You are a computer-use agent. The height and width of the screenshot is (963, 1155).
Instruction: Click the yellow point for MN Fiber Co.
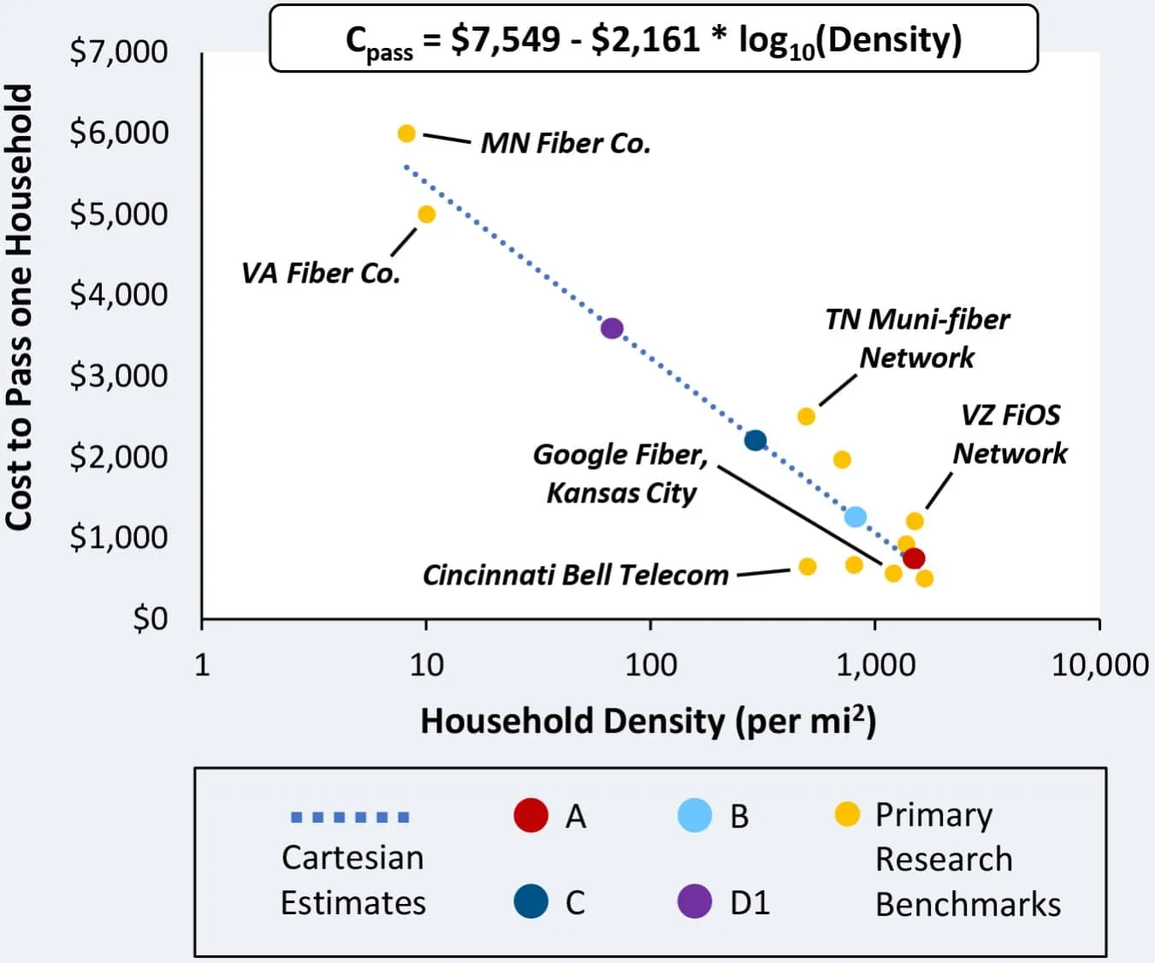(406, 134)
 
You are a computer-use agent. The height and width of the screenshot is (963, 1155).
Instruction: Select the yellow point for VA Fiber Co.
(426, 214)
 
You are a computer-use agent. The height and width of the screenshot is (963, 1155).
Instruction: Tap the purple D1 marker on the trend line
(612, 328)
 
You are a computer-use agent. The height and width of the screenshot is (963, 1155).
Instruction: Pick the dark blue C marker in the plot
(755, 440)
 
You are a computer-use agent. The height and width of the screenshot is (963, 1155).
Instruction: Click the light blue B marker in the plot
(855, 516)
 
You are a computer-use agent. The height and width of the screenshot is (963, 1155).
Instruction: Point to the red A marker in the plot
(914, 558)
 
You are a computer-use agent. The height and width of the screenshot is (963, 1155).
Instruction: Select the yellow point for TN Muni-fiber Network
(806, 416)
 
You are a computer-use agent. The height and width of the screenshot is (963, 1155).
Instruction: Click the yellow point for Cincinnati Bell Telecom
(807, 567)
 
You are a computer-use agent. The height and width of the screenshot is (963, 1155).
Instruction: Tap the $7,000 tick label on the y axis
(119, 51)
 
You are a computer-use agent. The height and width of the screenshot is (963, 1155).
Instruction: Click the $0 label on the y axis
(151, 617)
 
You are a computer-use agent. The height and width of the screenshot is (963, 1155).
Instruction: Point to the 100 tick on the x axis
(650, 664)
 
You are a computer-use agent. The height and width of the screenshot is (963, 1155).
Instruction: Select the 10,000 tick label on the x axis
(1099, 664)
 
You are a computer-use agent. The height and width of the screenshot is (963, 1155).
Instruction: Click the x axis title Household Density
(648, 721)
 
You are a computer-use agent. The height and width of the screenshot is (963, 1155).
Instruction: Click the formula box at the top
(654, 39)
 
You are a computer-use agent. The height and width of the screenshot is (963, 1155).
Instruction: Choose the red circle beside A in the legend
(530, 815)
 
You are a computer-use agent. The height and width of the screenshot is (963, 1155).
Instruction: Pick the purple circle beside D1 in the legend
(694, 901)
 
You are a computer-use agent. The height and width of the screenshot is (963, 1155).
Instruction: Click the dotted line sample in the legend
(350, 817)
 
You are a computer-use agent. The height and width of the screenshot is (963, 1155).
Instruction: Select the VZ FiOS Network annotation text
(1010, 434)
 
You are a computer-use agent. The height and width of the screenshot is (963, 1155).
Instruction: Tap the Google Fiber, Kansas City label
(620, 473)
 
